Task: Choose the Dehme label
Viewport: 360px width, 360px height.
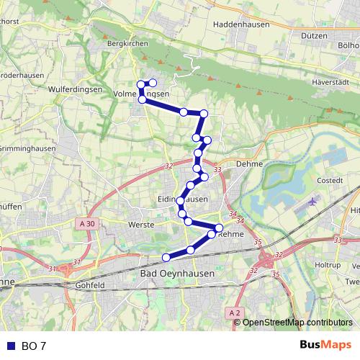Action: point(249,164)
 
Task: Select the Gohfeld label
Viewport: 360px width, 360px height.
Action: point(90,285)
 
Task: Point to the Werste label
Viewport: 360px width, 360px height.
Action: point(142,225)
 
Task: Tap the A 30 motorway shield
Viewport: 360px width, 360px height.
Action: point(86,224)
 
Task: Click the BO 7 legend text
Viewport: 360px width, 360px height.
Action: point(33,346)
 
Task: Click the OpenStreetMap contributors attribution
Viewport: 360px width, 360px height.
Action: point(297,323)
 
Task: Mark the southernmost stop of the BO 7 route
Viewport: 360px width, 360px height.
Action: point(166,257)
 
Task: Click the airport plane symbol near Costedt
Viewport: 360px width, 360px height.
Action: point(312,202)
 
